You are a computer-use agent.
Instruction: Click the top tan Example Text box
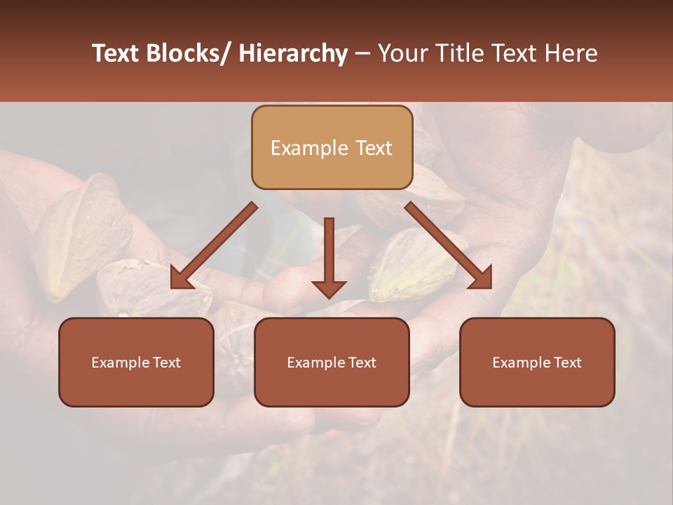332,147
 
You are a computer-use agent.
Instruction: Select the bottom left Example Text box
136,362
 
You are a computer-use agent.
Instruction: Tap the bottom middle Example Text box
332,362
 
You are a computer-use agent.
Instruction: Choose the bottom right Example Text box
537,362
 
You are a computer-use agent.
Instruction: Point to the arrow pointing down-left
214,245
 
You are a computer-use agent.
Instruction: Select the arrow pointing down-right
449,245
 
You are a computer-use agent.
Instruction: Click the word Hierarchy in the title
293,53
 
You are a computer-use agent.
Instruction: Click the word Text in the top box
374,148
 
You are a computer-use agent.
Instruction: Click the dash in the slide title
362,53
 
